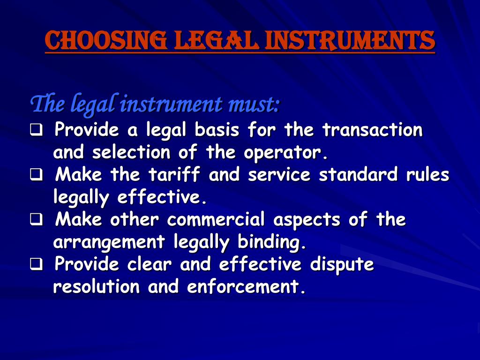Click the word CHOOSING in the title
point(106,40)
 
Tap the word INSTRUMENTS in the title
point(350,40)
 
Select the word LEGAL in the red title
point(216,40)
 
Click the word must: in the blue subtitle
point(254,105)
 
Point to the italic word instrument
point(171,105)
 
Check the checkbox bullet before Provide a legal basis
point(37,130)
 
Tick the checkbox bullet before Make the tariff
point(37,175)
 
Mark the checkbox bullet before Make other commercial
point(37,220)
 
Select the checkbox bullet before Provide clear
point(37,264)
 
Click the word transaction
point(373,130)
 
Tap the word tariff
point(174,174)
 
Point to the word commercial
point(216,219)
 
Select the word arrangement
point(109,242)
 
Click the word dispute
point(342,264)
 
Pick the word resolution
point(97,287)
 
